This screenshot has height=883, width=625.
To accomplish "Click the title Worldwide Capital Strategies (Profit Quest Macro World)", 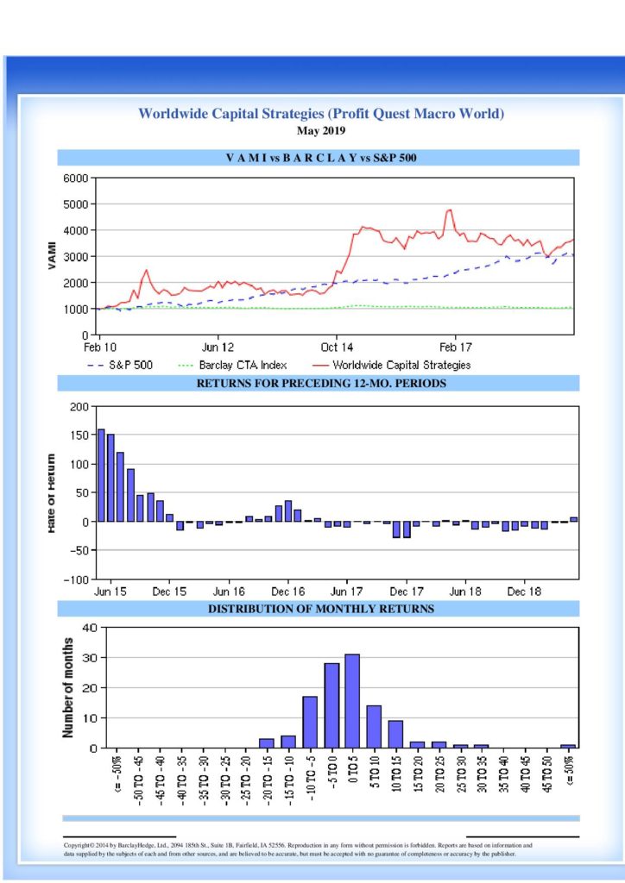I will [320, 114].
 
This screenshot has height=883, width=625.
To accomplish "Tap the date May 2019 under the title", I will [320, 131].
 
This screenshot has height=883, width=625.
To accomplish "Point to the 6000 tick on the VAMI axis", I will [76, 178].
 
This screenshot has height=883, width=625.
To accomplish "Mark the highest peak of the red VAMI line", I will [449, 210].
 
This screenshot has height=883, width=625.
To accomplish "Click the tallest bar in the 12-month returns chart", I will [101, 475].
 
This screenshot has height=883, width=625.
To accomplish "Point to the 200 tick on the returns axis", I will [79, 406].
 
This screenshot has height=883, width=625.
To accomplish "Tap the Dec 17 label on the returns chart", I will [406, 593].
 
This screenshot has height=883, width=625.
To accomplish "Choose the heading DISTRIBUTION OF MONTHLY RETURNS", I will [320, 609].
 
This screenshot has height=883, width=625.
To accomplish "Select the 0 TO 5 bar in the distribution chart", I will [352, 701].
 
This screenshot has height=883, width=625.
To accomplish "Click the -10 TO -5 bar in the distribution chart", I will [310, 722].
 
